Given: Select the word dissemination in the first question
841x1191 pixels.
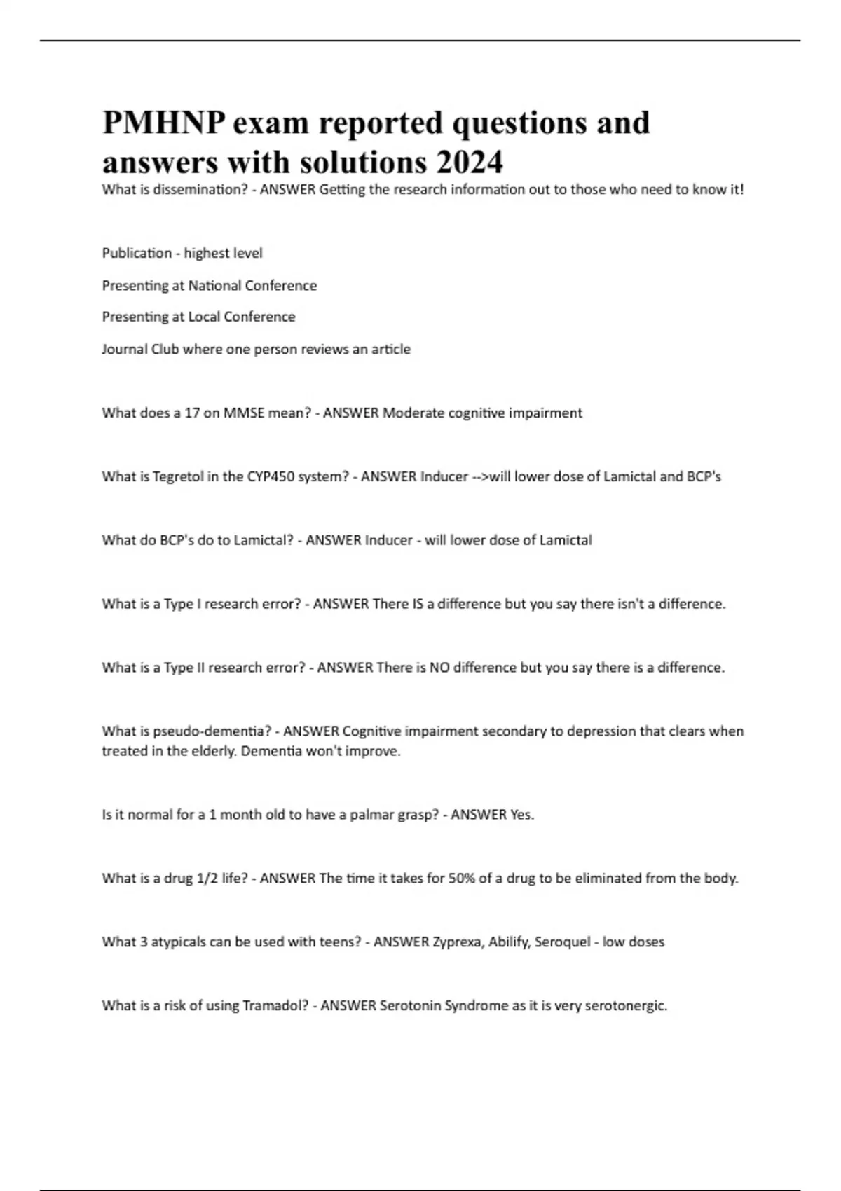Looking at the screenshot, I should pyautogui.click(x=198, y=189).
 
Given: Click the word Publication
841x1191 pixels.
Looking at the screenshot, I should pyautogui.click(x=137, y=253).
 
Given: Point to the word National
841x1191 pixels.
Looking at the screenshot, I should pyautogui.click(x=217, y=285).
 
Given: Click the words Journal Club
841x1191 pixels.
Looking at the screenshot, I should pyautogui.click(x=140, y=349).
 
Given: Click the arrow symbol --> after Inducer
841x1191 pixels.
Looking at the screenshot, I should pyautogui.click(x=480, y=476).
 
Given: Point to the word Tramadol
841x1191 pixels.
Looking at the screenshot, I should pyautogui.click(x=274, y=1006).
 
